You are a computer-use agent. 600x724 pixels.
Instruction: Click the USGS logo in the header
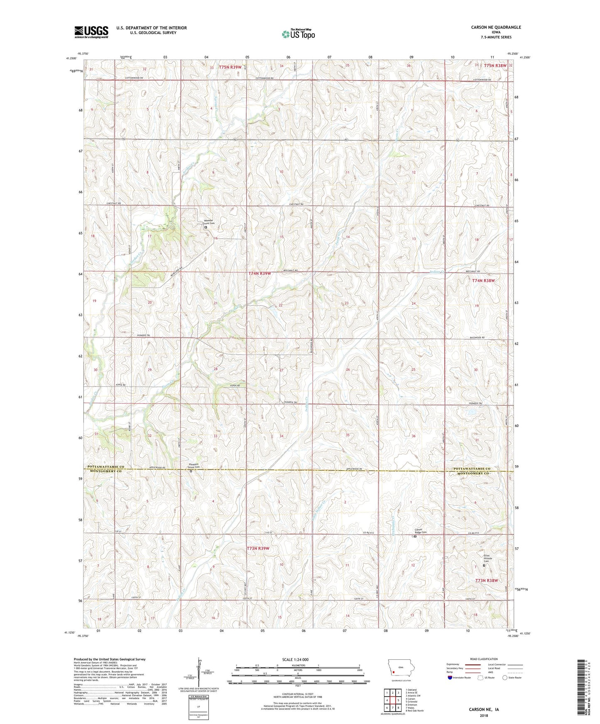[91, 32]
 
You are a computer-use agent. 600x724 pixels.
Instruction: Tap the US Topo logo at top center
[298, 34]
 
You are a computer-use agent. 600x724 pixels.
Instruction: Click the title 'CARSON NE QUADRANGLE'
[496, 27]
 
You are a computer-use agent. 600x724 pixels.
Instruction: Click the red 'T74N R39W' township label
[260, 274]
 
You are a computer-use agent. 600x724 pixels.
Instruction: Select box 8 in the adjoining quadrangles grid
[398, 707]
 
